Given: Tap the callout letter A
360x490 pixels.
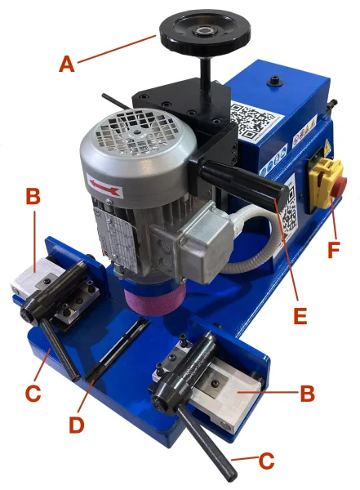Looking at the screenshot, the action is click(67, 64).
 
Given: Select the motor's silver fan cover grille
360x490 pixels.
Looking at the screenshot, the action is click(136, 132).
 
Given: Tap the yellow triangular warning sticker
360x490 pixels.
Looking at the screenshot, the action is click(328, 144).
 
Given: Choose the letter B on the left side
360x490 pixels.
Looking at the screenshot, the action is click(33, 197).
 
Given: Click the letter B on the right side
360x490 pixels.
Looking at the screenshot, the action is click(307, 393).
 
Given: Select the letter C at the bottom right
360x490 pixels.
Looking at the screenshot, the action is click(267, 461).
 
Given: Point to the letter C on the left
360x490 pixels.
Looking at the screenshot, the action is click(33, 394).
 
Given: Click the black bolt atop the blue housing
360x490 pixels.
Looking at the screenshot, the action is click(275, 80).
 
